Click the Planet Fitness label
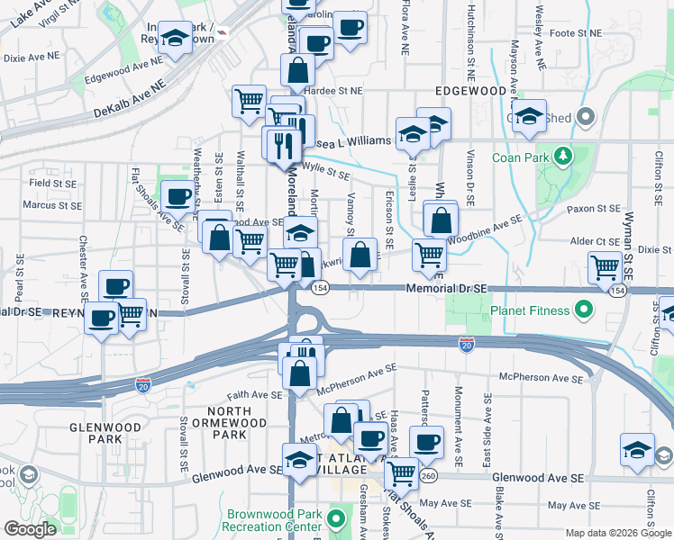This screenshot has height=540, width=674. coord(531,311)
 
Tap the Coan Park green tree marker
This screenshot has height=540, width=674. coord(564,157)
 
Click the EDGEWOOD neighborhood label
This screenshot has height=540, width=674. coord(470,92)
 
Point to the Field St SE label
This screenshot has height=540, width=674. coord(50,183)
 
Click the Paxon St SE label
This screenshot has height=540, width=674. coord(590,209)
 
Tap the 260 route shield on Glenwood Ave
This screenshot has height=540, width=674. coord(428,476)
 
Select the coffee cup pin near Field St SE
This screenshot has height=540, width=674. coord(178,195)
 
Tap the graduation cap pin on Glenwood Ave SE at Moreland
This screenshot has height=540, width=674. coord(299,459)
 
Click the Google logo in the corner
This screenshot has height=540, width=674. coord(31,529)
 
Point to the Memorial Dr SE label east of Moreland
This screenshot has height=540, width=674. coord(446,287)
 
